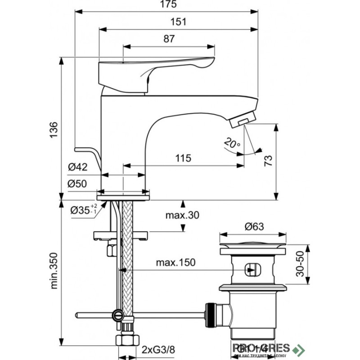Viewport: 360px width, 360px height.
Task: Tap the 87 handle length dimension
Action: click(168, 39)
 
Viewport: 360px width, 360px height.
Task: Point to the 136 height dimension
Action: click(53, 131)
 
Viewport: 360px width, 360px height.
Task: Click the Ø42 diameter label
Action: click(77, 167)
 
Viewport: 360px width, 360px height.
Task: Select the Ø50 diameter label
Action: click(77, 184)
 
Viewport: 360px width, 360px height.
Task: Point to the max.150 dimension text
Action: click(176, 263)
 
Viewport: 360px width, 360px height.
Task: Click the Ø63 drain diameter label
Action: click(253, 227)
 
